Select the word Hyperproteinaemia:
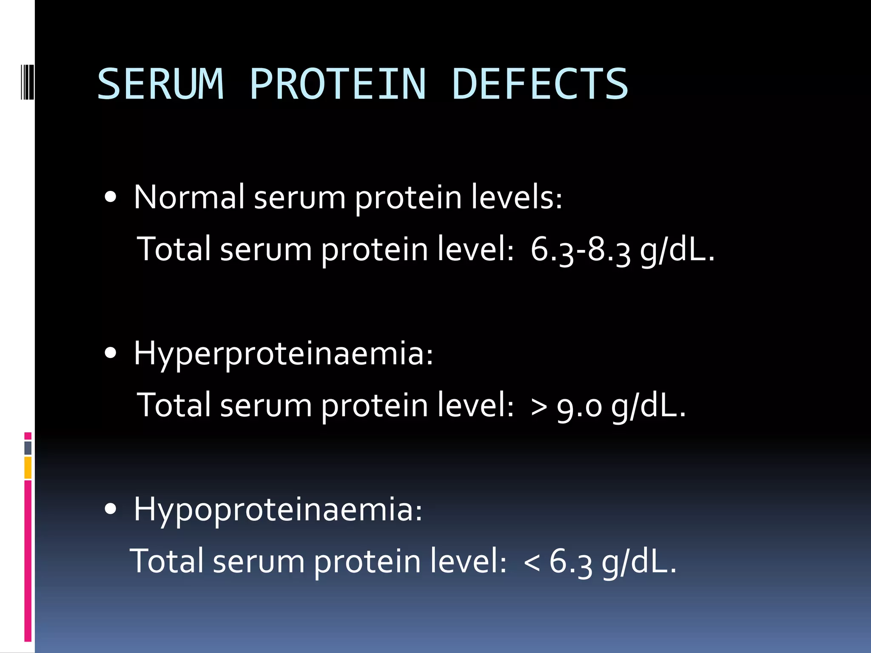(283, 354)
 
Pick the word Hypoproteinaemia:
(278, 510)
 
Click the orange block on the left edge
(28, 468)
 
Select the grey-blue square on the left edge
(28, 448)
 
